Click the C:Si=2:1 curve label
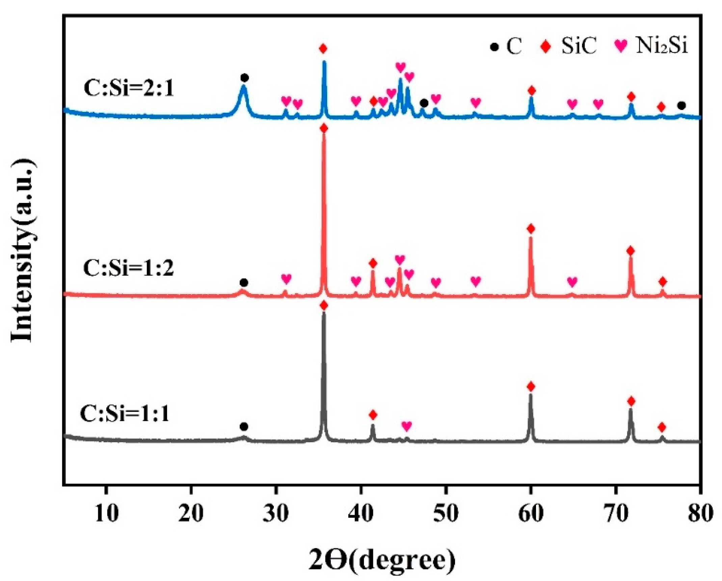click(x=129, y=88)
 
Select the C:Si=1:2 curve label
click(x=128, y=268)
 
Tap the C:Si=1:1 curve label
click(x=125, y=414)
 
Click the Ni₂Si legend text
click(x=662, y=45)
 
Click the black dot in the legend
click(x=494, y=47)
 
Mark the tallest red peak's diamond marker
click(x=324, y=128)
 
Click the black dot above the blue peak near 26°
click(x=245, y=78)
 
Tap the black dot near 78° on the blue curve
click(x=681, y=106)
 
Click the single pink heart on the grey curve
click(x=407, y=426)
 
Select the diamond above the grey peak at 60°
click(x=531, y=386)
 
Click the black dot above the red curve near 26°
click(x=244, y=282)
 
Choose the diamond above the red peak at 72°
click(x=630, y=251)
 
